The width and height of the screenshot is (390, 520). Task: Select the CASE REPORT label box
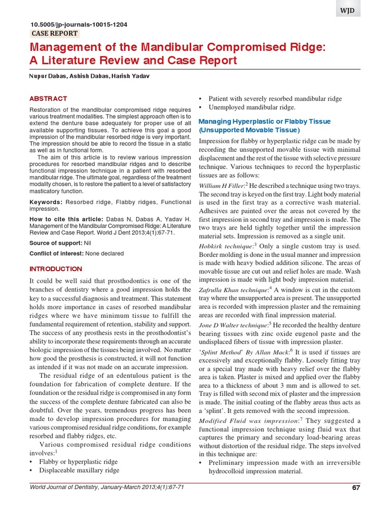click(x=55, y=34)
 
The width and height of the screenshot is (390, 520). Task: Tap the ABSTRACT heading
click(x=48, y=99)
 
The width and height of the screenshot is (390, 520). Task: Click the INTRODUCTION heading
click(x=56, y=269)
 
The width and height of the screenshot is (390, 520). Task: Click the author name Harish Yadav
click(x=132, y=76)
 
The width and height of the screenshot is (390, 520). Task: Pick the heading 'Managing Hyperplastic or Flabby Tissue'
click(x=264, y=121)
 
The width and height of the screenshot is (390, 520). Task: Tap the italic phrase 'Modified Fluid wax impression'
click(x=242, y=421)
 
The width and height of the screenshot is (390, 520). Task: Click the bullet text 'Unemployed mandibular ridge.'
click(x=252, y=107)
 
